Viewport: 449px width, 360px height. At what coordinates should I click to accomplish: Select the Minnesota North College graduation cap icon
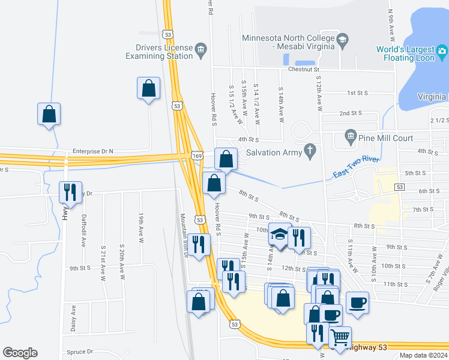(343, 41)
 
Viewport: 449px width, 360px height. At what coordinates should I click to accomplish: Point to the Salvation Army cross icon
(310, 152)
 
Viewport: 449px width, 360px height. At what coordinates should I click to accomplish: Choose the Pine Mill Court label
(386, 138)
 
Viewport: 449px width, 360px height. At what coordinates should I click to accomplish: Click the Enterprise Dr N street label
(92, 151)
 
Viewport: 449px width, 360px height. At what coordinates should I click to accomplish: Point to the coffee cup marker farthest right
(358, 302)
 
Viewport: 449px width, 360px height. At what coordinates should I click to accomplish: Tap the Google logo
(20, 353)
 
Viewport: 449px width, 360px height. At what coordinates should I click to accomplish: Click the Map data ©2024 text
(423, 355)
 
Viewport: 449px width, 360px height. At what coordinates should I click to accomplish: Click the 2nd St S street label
(352, 113)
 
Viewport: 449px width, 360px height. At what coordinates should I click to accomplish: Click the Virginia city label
(432, 97)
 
